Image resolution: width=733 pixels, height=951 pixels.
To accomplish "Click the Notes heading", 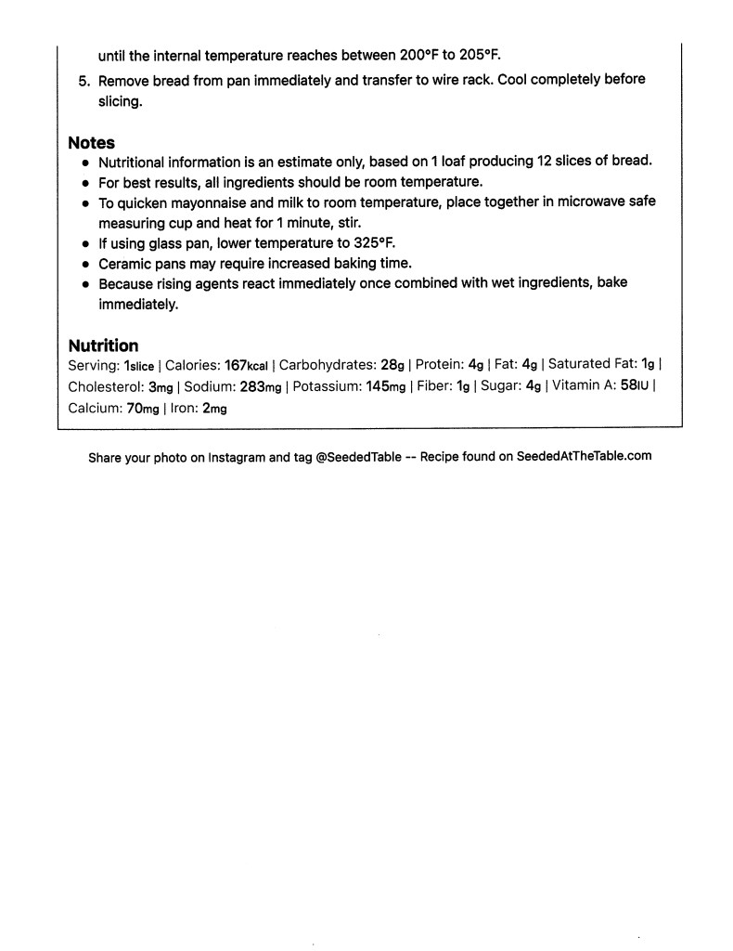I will click(91, 143).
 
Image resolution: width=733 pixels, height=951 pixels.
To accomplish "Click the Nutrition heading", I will click(103, 345).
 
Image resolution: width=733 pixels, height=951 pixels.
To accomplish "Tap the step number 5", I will click(84, 80).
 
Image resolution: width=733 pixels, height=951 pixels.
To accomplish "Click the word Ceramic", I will click(127, 263).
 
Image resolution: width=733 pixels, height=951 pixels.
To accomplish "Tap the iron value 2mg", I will click(214, 408).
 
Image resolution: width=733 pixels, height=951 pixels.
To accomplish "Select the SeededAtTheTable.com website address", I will click(584, 457).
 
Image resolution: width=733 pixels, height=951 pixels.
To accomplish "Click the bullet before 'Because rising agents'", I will click(84, 283).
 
